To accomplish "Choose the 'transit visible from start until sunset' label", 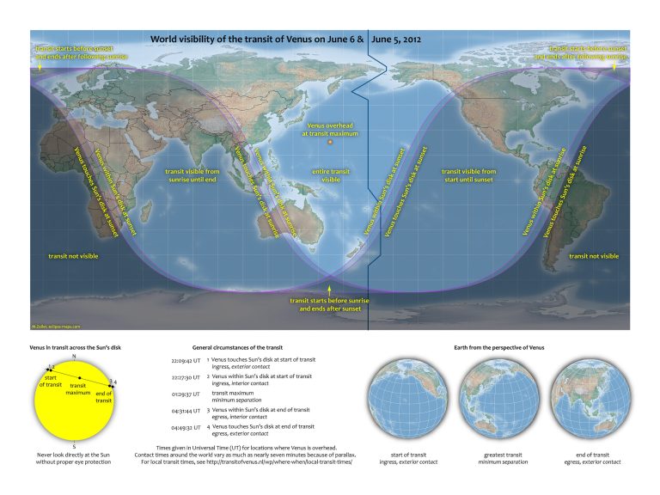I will click(x=470, y=176).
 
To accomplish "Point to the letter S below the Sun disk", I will click(x=75, y=446).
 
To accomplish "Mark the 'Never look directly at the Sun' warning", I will click(x=75, y=458).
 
